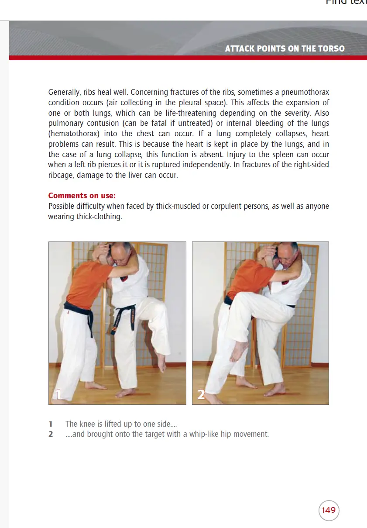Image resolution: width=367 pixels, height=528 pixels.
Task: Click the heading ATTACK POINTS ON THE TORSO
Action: pyautogui.click(x=285, y=48)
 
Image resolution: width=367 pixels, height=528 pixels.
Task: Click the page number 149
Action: pyautogui.click(x=329, y=510)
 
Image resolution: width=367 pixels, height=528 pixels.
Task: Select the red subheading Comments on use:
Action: pyautogui.click(x=82, y=196)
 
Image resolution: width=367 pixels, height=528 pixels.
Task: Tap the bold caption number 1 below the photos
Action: pyautogui.click(x=51, y=424)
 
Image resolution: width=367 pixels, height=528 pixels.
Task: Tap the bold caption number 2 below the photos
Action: pyautogui.click(x=51, y=435)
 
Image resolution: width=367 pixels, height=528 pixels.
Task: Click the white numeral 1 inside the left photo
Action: pyautogui.click(x=58, y=394)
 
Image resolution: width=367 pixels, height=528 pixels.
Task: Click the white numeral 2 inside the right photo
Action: pyautogui.click(x=201, y=395)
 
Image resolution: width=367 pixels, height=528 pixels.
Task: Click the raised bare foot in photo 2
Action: pyautogui.click(x=239, y=352)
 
